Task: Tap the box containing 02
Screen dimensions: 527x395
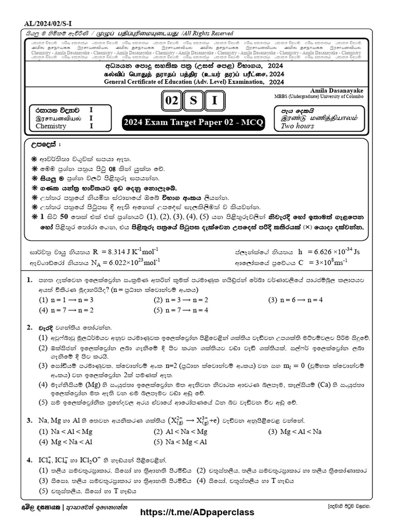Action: pyautogui.click(x=170, y=101)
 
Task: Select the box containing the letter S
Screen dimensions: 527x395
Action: pyautogui.click(x=193, y=101)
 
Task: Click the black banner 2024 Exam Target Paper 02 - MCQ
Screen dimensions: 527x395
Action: pyautogui.click(x=193, y=124)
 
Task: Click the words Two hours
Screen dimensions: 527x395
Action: pyautogui.click(x=297, y=126)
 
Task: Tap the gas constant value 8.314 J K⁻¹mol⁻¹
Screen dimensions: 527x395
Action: pyautogui.click(x=126, y=252)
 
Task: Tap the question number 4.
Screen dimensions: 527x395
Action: pyautogui.click(x=29, y=460)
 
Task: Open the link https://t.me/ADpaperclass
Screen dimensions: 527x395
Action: pyautogui.click(x=197, y=513)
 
